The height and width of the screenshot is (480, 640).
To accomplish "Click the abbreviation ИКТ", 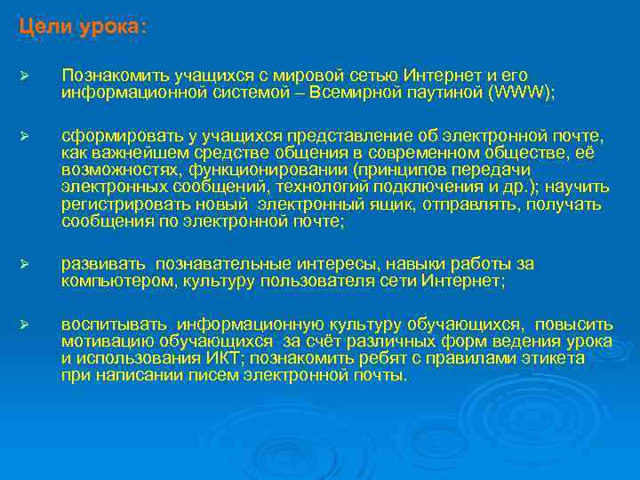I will tap(240, 358).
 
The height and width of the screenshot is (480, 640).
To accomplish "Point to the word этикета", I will tap(555, 358).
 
